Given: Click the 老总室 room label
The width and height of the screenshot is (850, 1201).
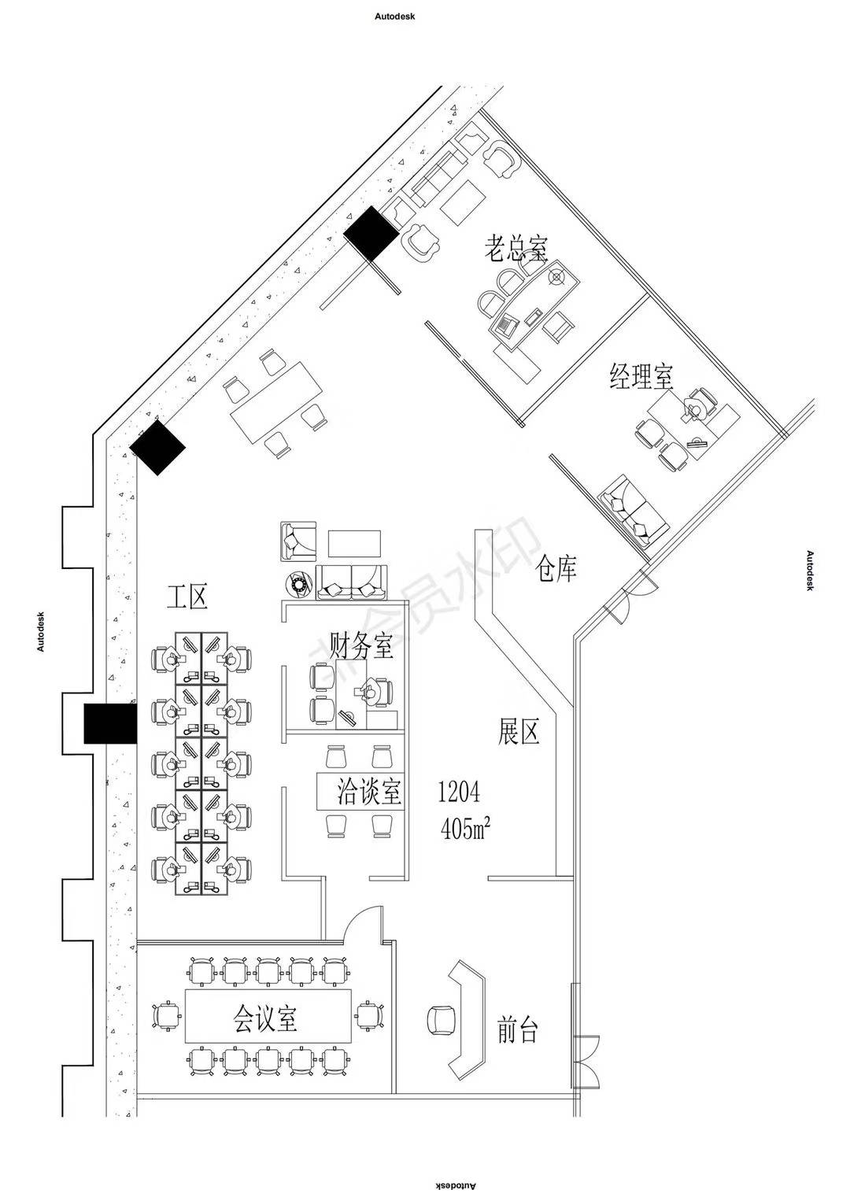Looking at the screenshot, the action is (516, 247).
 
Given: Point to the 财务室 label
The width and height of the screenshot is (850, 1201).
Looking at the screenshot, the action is (361, 645).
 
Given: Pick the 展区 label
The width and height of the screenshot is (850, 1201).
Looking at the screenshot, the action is (519, 732).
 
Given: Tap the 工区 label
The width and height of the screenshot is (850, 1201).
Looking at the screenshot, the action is (187, 597).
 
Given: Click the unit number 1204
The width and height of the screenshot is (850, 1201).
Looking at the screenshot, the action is (459, 792).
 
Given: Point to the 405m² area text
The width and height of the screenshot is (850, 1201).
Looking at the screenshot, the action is (465, 829).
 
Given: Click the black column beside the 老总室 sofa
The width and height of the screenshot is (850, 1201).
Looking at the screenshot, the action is (371, 234).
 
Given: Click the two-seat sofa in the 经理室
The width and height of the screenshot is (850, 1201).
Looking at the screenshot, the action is (633, 510).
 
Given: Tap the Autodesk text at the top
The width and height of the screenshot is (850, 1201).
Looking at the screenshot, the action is (395, 17).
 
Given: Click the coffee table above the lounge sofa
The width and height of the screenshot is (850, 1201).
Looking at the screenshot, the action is (354, 544).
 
